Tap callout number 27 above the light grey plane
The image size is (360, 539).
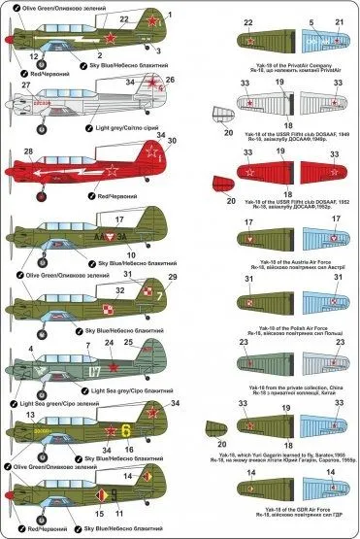point(21,85)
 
